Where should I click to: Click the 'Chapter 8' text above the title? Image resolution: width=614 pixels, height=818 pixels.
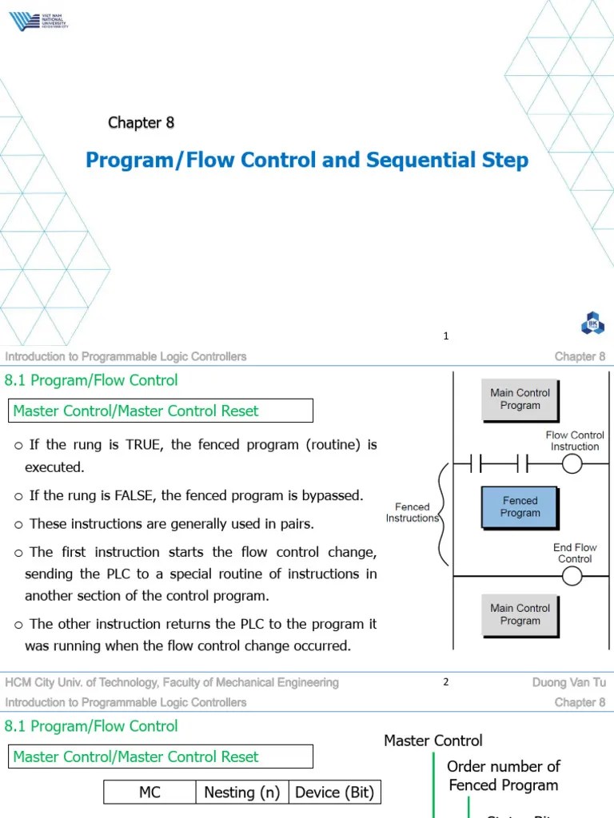click(141, 122)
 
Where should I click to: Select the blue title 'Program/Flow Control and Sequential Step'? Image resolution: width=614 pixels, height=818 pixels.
click(307, 160)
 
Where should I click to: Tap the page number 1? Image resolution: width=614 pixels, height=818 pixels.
click(446, 336)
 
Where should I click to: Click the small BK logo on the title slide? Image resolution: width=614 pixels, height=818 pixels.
click(593, 324)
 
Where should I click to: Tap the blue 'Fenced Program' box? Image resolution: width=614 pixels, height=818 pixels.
click(520, 507)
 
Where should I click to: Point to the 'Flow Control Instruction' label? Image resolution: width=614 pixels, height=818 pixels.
click(575, 441)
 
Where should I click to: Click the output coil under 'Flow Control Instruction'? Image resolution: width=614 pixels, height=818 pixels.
click(572, 463)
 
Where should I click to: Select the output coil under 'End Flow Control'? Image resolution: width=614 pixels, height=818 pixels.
click(572, 575)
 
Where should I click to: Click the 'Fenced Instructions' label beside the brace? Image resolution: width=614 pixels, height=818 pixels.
click(413, 512)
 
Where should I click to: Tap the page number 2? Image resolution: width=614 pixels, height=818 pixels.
click(446, 682)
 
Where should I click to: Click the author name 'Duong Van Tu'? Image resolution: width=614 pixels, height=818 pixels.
click(568, 682)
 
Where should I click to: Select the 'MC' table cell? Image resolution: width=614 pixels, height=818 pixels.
click(150, 792)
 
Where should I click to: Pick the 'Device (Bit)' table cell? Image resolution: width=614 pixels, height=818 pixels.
click(334, 792)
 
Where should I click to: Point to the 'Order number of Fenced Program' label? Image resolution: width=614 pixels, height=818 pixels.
click(504, 776)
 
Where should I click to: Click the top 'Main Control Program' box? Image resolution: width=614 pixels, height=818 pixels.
click(520, 399)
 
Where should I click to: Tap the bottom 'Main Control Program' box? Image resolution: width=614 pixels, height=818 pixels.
click(520, 614)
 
